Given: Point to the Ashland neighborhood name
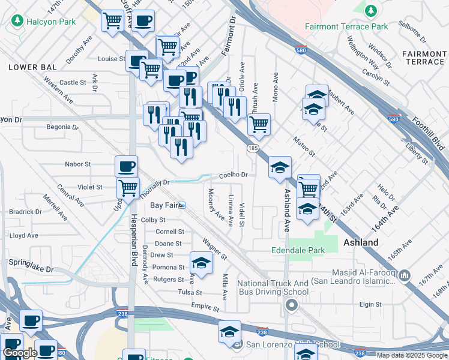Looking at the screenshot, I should point(361,242).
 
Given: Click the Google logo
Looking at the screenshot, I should point(20,353).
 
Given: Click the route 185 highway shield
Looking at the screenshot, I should point(252,147).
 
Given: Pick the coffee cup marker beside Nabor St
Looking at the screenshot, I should point(126,166).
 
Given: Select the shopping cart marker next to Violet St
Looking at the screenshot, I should point(128,187).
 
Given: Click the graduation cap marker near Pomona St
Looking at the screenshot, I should point(201,263).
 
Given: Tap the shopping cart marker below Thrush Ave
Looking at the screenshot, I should point(259,124).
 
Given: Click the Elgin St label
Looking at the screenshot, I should point(370,304).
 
